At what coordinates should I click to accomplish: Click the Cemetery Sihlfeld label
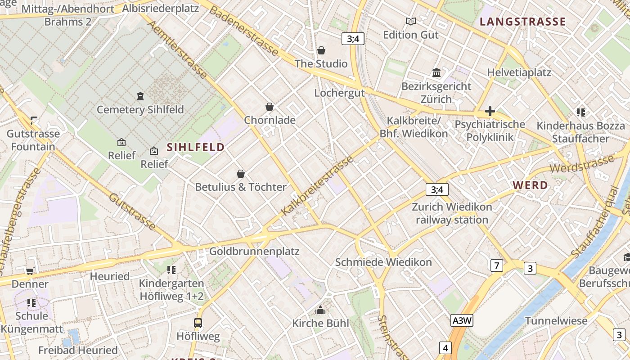[140, 109]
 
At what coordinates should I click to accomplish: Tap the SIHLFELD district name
[196, 147]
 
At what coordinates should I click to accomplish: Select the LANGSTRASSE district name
[522, 22]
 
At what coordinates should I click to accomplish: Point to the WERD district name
[530, 185]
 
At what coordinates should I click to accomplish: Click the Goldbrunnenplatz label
[254, 251]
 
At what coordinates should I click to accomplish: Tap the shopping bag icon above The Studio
[321, 50]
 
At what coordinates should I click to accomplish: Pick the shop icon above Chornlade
[270, 107]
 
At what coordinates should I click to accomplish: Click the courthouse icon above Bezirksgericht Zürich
[436, 73]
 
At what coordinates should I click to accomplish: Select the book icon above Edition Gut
[410, 21]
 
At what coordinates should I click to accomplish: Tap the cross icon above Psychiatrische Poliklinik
[490, 111]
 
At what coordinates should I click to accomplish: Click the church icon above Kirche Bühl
[320, 310]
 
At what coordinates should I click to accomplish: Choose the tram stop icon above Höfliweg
[198, 323]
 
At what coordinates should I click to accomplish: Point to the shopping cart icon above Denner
[30, 270]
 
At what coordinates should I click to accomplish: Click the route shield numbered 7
[496, 265]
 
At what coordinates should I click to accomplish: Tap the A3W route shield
[462, 320]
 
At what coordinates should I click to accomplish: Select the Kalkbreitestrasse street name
[317, 185]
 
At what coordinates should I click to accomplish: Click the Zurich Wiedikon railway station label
[452, 213]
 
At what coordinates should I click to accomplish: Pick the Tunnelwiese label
[556, 321]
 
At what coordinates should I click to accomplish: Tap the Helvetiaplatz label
[519, 72]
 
